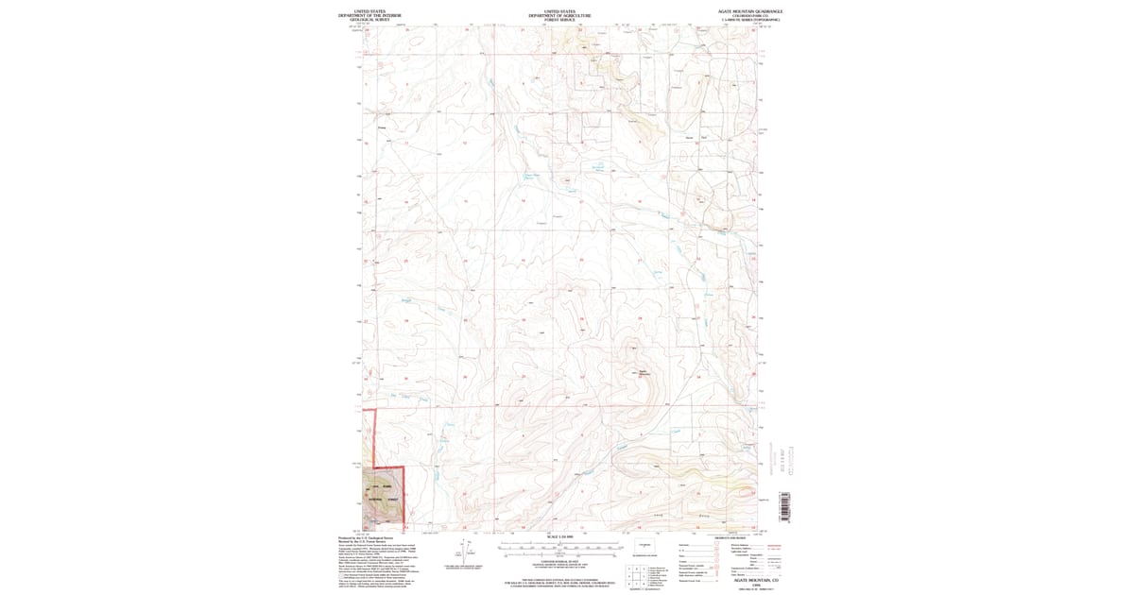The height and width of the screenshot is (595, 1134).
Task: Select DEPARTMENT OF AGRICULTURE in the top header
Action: point(560,15)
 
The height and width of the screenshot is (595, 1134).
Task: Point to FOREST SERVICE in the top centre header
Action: point(560,20)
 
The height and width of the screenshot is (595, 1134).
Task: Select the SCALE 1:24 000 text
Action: point(560,537)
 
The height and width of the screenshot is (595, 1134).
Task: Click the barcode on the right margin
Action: point(782,505)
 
